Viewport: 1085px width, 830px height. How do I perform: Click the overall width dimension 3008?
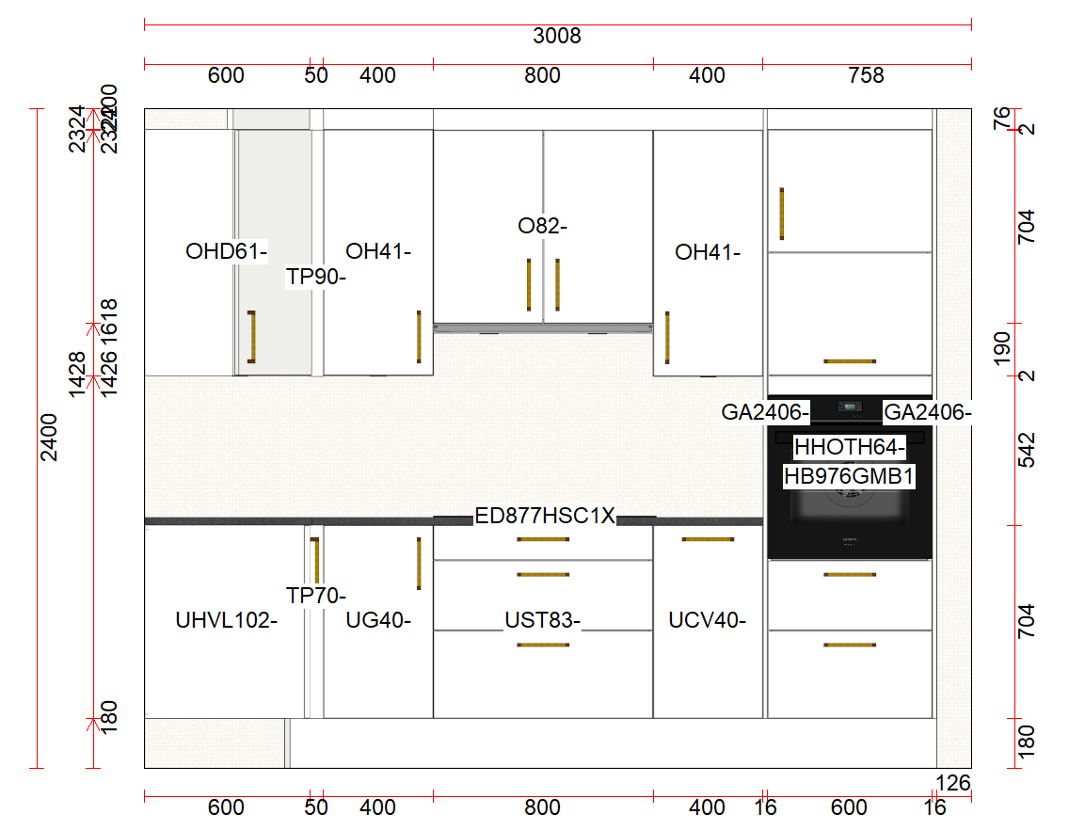557,37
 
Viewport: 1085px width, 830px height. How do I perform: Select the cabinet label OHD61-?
227,251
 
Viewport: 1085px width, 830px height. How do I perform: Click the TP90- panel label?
317,277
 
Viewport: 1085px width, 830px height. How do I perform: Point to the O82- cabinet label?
543,226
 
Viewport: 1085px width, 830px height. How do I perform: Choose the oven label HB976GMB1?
850,476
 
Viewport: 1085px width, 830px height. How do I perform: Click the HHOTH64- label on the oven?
850,446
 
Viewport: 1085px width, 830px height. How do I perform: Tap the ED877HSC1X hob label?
545,516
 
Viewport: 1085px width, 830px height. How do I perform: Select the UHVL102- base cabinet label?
227,620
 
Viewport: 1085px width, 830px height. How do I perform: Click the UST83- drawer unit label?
543,620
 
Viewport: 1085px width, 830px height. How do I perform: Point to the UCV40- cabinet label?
708,620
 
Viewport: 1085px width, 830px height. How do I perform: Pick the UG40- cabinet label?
378,620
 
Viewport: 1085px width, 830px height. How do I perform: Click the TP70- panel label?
317,596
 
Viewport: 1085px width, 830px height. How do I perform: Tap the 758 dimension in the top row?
866,75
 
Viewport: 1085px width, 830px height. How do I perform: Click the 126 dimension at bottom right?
953,782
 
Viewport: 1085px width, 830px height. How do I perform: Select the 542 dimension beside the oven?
1027,450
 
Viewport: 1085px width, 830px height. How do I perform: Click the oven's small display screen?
850,407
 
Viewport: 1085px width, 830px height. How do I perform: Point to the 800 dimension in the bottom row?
543,807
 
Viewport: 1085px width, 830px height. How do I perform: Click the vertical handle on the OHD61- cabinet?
251,336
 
